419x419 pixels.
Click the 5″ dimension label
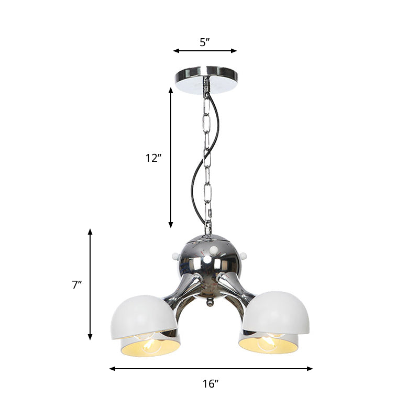205,42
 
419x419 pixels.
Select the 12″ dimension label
152,158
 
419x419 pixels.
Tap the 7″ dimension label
78,285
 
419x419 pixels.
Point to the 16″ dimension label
211,383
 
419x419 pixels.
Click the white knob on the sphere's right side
244,255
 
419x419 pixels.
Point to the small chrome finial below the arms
209,303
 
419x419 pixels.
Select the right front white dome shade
275,313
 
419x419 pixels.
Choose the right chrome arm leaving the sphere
231,285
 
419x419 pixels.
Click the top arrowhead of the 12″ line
171,90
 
